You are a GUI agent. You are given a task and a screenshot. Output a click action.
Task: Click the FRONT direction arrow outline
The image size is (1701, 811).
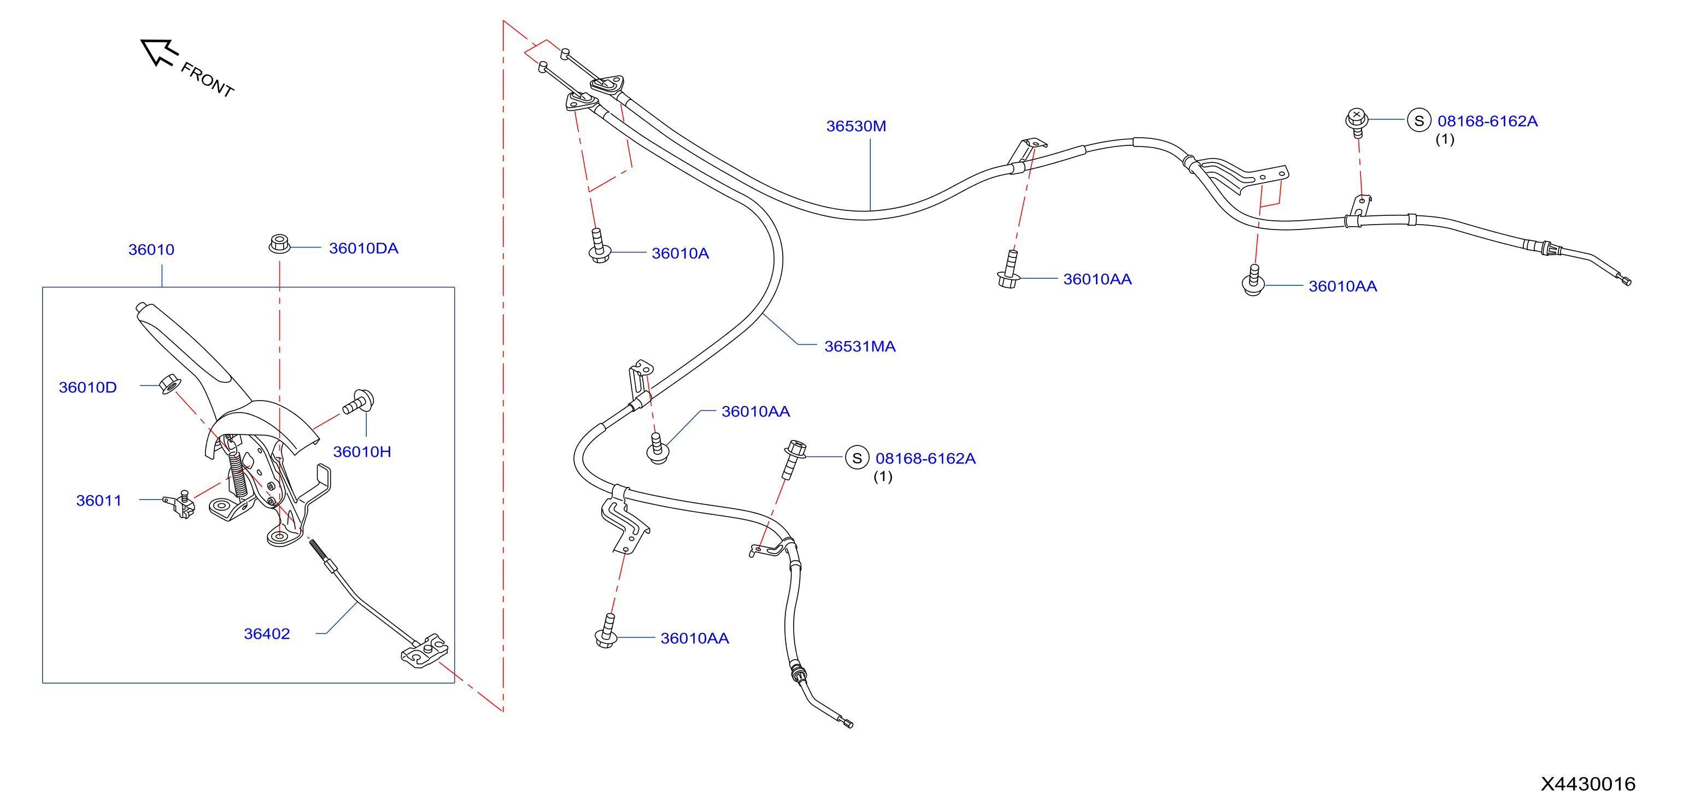click(x=159, y=51)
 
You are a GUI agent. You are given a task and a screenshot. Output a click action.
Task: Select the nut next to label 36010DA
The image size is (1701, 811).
click(x=279, y=244)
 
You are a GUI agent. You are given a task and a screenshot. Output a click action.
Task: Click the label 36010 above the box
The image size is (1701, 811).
click(x=151, y=250)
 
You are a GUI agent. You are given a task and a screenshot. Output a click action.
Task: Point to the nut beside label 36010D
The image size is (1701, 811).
click(x=169, y=383)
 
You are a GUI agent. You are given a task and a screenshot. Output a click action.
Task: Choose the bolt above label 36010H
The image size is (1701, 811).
click(x=359, y=402)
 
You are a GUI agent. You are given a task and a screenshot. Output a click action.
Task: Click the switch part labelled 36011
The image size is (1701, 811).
click(x=180, y=504)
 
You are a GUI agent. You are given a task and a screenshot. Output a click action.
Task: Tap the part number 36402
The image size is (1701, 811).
click(x=267, y=634)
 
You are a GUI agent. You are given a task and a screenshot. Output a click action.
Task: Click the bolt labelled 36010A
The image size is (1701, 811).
click(x=599, y=246)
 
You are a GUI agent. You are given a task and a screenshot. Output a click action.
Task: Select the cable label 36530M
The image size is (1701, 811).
click(x=856, y=126)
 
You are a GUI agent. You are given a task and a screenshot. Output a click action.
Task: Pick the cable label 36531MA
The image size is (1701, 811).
click(x=860, y=346)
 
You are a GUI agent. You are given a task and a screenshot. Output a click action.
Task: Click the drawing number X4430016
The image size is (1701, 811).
click(x=1587, y=784)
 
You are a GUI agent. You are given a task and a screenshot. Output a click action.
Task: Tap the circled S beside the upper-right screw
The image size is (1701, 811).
click(x=1418, y=120)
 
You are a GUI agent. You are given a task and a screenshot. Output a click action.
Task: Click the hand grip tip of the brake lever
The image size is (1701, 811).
click(x=142, y=307)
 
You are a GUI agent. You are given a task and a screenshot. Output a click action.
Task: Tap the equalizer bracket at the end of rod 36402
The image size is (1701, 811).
click(x=425, y=651)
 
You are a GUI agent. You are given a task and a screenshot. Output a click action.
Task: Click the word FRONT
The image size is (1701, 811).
click(x=207, y=80)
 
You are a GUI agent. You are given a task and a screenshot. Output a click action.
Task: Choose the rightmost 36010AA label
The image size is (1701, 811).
click(x=1342, y=286)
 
